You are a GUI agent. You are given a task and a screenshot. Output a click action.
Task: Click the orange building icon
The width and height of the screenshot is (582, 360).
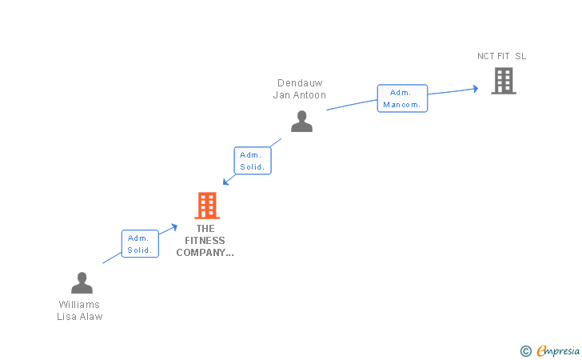click(x=207, y=206)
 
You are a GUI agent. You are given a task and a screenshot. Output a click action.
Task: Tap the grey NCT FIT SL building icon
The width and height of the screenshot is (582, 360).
click(x=504, y=81)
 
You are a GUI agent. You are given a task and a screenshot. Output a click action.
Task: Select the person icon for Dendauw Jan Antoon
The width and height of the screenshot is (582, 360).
click(x=301, y=121)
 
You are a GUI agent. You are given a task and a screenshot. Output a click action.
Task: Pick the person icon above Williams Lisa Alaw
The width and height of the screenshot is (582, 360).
click(x=82, y=282)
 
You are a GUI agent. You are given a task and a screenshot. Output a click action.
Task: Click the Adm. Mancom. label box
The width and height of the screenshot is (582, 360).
click(x=402, y=98)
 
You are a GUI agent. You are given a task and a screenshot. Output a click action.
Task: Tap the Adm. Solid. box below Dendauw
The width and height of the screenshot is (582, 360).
click(x=253, y=161)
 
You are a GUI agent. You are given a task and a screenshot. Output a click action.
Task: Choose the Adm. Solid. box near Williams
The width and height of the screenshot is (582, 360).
click(x=140, y=244)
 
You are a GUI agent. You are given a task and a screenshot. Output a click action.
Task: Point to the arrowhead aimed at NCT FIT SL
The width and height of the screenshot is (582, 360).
click(x=476, y=89)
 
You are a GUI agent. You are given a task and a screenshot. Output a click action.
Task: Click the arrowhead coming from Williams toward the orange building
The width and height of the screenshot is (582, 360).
click(x=174, y=226)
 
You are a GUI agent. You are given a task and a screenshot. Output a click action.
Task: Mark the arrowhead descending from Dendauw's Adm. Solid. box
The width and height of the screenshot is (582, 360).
click(x=225, y=182)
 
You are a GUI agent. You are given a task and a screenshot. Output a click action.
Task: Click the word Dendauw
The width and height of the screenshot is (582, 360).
click(x=300, y=83)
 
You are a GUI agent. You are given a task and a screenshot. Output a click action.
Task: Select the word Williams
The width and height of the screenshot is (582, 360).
click(x=79, y=305)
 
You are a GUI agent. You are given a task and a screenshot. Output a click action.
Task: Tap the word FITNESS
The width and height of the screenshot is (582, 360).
click(x=205, y=240)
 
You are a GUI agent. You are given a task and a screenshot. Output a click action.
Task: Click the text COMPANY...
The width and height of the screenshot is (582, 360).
click(x=205, y=253)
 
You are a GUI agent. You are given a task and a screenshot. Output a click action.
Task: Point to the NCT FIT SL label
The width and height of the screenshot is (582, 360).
click(x=501, y=56)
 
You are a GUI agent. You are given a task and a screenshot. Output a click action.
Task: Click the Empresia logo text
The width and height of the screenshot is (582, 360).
click(x=558, y=350)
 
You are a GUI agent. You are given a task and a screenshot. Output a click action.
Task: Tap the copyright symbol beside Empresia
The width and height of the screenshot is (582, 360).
click(x=526, y=351)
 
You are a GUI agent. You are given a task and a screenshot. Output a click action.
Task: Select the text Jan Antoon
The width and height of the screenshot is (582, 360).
click(x=300, y=95)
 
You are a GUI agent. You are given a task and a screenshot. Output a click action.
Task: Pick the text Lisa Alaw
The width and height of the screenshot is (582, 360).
click(x=79, y=317)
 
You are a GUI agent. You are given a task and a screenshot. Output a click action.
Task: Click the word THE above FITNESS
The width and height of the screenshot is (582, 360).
click(x=205, y=229)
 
